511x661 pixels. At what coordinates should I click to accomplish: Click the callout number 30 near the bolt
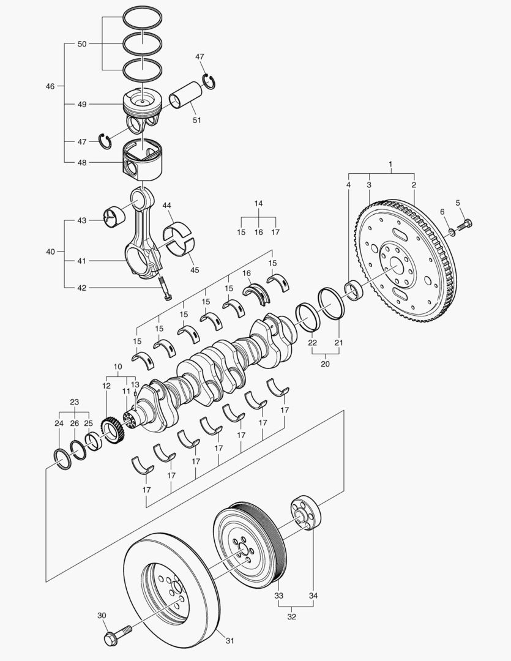point(102,616)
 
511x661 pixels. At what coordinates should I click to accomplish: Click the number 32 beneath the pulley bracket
point(292,617)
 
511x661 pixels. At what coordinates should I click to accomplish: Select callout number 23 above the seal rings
point(74,402)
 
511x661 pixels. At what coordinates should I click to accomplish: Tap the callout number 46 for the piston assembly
point(50,86)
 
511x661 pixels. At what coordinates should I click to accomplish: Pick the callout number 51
point(196,120)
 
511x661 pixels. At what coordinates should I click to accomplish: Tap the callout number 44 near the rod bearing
point(166,205)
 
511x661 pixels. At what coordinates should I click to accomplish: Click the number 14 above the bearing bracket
point(258,203)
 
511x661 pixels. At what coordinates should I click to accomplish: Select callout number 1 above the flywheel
point(391,165)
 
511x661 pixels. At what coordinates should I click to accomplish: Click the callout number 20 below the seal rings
point(326,363)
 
